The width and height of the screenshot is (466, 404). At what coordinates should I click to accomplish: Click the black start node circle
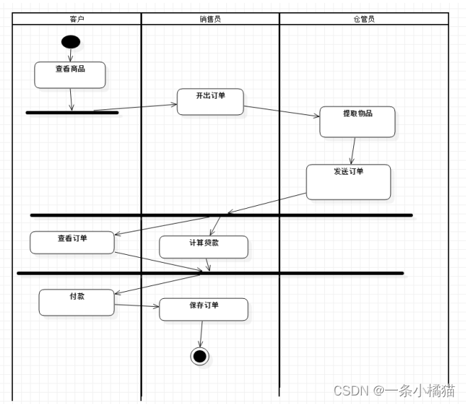70,41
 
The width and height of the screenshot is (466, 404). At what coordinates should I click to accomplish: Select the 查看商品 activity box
70,75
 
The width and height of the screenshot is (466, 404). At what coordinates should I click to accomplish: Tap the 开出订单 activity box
210,102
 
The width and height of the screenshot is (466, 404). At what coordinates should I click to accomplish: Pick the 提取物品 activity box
357,121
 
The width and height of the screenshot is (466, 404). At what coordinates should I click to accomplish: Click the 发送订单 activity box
348,182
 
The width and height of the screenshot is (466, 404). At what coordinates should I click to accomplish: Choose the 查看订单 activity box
72,242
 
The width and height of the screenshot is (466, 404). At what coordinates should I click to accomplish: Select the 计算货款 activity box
204,246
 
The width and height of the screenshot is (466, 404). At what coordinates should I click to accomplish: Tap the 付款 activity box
77,302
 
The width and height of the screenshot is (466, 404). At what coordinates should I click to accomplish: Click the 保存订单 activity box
204,309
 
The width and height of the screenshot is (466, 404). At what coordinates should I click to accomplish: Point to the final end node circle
200,356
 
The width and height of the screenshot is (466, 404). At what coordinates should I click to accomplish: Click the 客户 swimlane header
77,19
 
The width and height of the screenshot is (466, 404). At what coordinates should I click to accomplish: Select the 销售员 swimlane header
210,19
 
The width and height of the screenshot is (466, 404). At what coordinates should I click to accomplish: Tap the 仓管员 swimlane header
363,19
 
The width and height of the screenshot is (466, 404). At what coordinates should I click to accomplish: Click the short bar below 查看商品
72,112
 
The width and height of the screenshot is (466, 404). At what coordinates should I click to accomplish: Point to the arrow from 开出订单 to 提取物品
282,111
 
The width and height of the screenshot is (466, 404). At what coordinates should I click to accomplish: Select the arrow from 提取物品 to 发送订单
353,151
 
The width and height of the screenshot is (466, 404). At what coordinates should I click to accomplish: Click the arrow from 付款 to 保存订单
137,306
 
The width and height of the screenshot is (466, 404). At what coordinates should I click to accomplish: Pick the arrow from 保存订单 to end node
201,334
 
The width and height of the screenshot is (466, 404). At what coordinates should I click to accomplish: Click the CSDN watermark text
394,390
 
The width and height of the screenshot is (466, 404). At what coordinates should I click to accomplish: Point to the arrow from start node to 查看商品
70,55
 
